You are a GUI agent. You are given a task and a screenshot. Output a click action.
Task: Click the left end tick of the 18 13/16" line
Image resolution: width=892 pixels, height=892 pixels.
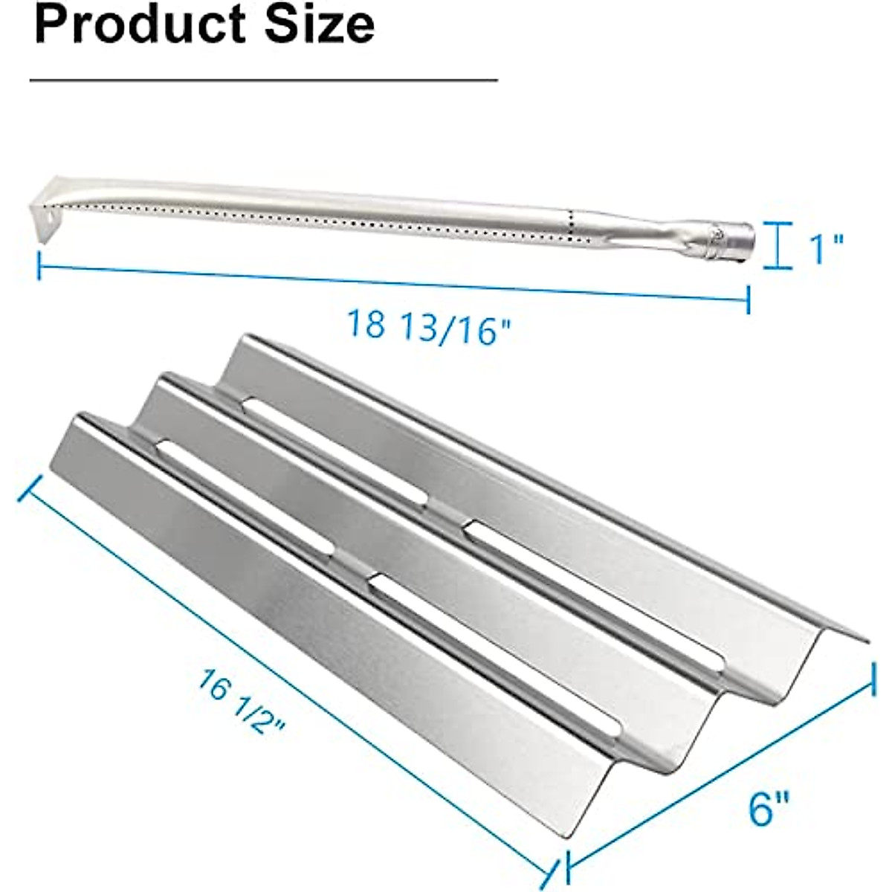[x=39, y=265]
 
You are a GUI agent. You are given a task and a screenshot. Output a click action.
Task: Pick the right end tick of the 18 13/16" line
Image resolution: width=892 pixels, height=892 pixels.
[x=748, y=300]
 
